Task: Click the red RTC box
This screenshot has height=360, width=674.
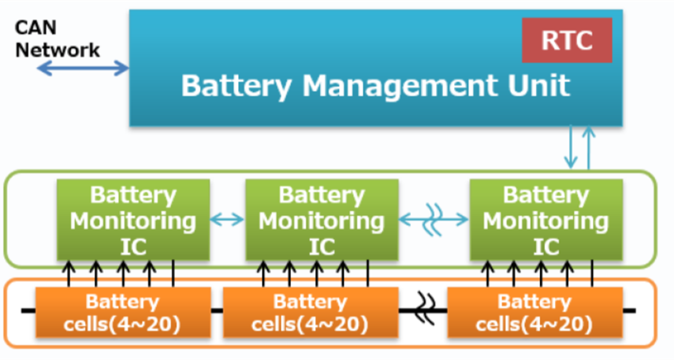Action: click(566, 39)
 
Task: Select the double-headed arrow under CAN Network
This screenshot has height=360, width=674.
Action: click(84, 69)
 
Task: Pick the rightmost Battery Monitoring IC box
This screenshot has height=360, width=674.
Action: click(546, 220)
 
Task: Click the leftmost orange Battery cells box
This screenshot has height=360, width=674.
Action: click(122, 312)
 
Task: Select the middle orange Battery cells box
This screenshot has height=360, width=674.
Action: click(310, 312)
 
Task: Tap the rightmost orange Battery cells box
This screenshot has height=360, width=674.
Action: click(534, 312)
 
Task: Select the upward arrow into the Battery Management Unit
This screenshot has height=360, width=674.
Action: click(588, 147)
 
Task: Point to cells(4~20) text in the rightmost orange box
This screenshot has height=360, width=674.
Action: click(534, 324)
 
